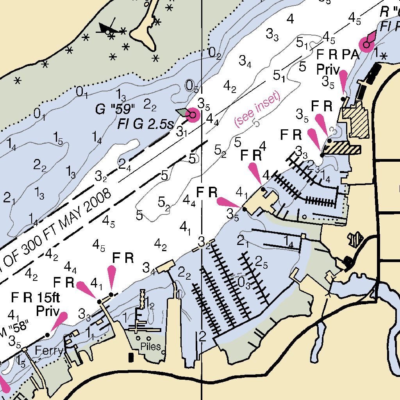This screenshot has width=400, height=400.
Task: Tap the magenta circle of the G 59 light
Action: (193, 115)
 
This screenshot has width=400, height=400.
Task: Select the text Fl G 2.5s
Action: (145, 125)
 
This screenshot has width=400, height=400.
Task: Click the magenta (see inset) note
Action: (257, 109)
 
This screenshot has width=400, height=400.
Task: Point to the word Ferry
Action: (48, 350)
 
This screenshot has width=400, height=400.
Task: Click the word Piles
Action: (150, 346)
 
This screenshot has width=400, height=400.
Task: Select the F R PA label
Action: (337, 54)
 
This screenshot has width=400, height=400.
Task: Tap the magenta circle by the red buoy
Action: (366, 45)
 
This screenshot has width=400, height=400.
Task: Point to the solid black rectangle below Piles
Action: (131, 357)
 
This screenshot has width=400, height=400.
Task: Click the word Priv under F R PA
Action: (328, 70)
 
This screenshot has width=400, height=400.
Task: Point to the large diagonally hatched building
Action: (356, 121)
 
